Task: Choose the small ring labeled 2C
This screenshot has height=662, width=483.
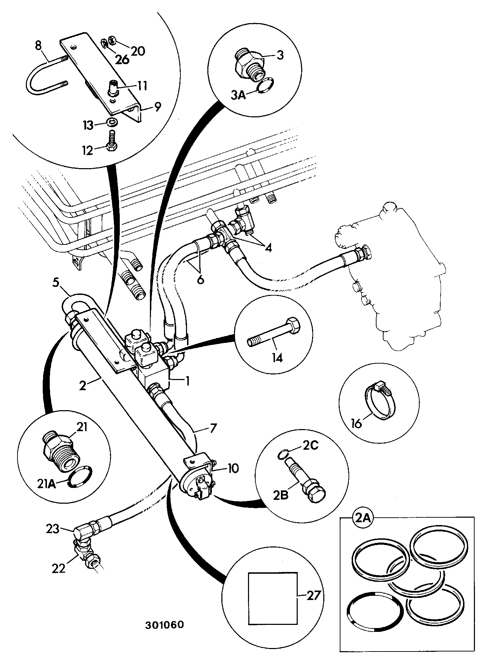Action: click(282, 455)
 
